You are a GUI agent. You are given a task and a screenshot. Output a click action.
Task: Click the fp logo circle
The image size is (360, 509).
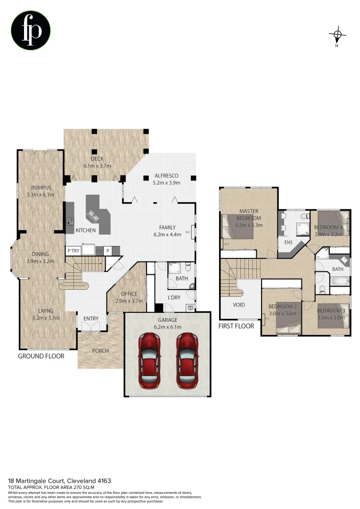point(31,30)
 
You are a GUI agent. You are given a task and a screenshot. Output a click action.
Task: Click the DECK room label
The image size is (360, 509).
point(97,159)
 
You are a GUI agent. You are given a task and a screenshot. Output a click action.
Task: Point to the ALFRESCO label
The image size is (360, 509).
point(168,176)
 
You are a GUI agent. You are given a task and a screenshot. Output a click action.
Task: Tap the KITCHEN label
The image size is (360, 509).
point(86,230)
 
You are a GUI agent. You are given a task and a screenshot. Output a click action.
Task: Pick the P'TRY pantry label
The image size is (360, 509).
point(73,251)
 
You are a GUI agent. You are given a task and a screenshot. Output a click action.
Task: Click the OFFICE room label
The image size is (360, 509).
point(129,294)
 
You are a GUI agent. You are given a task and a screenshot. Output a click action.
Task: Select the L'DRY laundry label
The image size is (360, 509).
point(175,297)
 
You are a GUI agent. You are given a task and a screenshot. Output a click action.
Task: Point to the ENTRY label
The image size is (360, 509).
point(91,319)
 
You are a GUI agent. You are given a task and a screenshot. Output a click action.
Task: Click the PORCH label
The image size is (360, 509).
point(100,351)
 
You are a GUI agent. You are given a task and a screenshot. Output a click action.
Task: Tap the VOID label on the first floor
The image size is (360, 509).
point(239,304)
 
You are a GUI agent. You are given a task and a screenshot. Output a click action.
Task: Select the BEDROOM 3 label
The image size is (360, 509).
point(331,311)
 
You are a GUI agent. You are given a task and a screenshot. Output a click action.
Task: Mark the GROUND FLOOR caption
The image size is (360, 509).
point(41,356)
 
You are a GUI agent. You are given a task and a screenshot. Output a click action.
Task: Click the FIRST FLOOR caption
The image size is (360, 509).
point(236,326)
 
